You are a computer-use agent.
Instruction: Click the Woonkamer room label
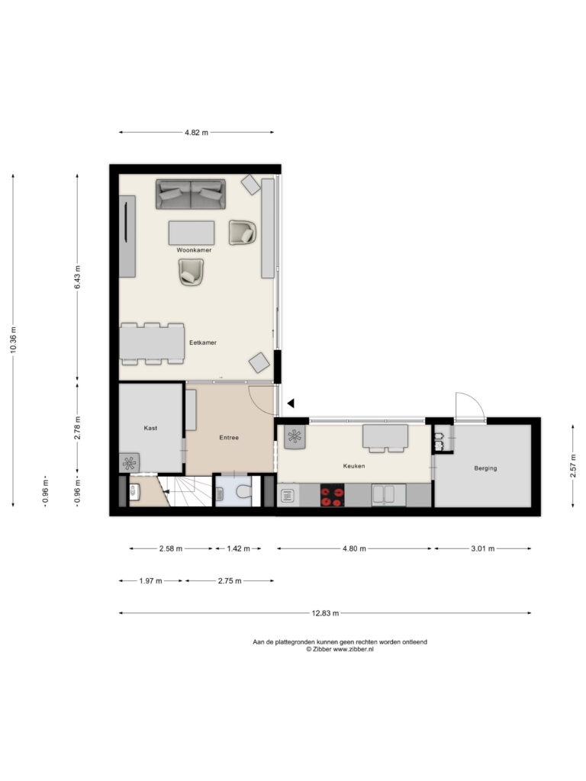pos(194,250)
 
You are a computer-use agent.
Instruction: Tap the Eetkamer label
pos(203,342)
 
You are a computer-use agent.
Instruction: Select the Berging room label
pos(485,468)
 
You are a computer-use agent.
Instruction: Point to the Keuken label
pos(354,466)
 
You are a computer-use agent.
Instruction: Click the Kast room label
pos(150,428)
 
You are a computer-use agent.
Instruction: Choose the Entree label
pos(229,438)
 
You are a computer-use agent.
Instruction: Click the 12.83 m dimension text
pos(325,613)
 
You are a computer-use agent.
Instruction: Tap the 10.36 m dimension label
pos(14,340)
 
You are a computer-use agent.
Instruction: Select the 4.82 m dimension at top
pos(196,133)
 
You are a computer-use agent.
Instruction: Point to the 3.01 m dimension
pos(483,549)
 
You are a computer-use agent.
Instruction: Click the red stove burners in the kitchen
pos(333,496)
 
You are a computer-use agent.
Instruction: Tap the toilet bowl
pos(243,493)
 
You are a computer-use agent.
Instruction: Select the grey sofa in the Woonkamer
pos(191,194)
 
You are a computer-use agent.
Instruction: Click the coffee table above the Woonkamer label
pos(192,233)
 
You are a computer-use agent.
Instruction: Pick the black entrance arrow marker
pos(291,403)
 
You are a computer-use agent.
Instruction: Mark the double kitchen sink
pos(383,495)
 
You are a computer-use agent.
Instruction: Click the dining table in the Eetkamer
pos(153,344)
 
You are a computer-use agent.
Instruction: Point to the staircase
pos(185,491)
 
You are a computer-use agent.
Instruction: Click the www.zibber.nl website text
pos(353,649)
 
